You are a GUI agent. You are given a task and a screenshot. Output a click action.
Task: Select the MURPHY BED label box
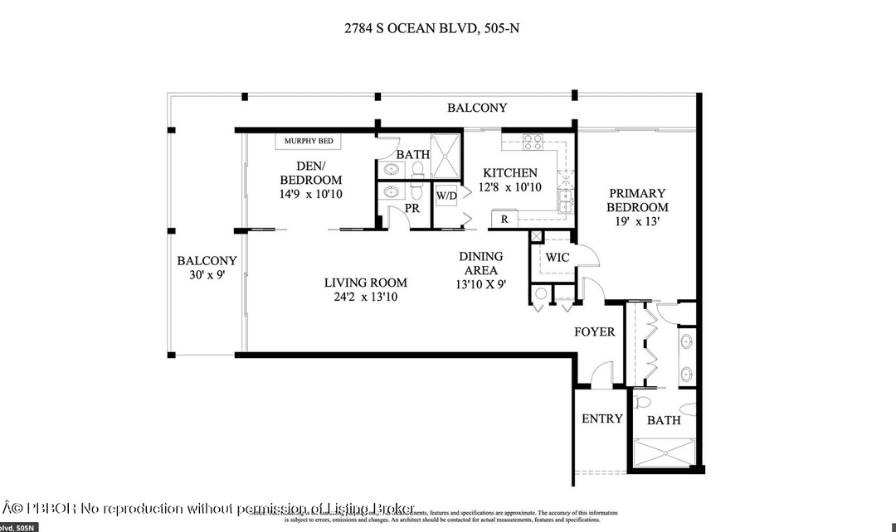pyautogui.click(x=308, y=142)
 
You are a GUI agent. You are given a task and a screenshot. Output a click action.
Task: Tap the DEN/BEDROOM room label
pyautogui.click(x=310, y=173)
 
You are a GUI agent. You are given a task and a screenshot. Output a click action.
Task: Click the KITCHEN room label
pyautogui.click(x=510, y=173)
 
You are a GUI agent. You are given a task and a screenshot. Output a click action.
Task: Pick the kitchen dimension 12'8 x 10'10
pyautogui.click(x=510, y=187)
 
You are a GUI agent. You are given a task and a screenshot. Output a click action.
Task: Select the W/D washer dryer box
pyautogui.click(x=446, y=196)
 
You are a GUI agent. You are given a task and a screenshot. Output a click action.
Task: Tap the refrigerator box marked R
pyautogui.click(x=504, y=219)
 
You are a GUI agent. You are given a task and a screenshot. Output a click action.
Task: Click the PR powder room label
pyautogui.click(x=412, y=209)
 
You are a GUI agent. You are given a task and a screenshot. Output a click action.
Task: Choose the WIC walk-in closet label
pyautogui.click(x=558, y=258)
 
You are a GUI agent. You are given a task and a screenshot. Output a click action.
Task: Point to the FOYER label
pyautogui.click(x=595, y=332)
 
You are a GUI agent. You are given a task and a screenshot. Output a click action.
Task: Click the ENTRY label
pyautogui.click(x=601, y=418)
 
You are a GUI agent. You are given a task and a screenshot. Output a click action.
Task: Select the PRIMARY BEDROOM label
pyautogui.click(x=637, y=200)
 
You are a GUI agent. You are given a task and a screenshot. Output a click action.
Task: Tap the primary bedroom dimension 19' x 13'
pyautogui.click(x=637, y=222)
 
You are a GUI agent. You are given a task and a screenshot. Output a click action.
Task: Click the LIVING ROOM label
pyautogui.click(x=365, y=283)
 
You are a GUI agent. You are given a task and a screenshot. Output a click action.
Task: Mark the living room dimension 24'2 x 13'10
pyautogui.click(x=365, y=297)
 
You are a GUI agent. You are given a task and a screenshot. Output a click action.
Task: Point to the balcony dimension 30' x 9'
pyautogui.click(x=207, y=275)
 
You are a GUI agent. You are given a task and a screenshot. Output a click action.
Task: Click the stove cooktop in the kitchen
pyautogui.click(x=533, y=140)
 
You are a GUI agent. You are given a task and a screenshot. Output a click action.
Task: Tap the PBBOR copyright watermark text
pyautogui.click(x=207, y=507)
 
